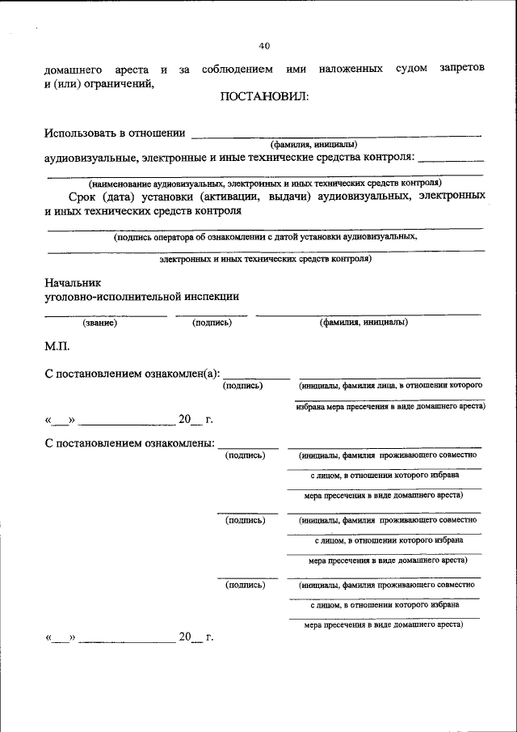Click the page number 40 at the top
(264, 44)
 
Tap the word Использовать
(82, 133)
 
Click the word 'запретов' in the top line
(462, 69)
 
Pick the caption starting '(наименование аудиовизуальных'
(265, 184)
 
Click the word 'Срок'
(84, 197)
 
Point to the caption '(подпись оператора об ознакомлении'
(265, 237)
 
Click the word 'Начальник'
(74, 282)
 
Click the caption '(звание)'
(100, 323)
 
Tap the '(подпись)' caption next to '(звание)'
(212, 323)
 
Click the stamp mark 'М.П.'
(57, 346)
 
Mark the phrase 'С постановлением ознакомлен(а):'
(132, 373)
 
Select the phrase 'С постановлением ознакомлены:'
(129, 443)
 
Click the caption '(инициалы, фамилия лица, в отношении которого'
(390, 386)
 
